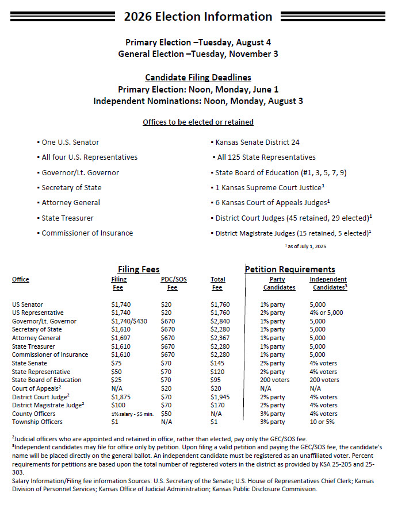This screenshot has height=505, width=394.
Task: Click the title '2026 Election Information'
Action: tap(197, 17)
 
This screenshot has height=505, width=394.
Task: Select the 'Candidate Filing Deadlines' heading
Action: tap(198, 78)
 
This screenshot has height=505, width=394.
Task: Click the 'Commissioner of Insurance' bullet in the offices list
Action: tap(87, 233)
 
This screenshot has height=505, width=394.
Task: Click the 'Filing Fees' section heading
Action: tap(139, 269)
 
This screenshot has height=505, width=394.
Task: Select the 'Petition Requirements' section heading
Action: tap(290, 269)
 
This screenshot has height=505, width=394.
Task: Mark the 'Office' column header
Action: tap(21, 279)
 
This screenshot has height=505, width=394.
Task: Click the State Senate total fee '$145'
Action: tap(217, 363)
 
